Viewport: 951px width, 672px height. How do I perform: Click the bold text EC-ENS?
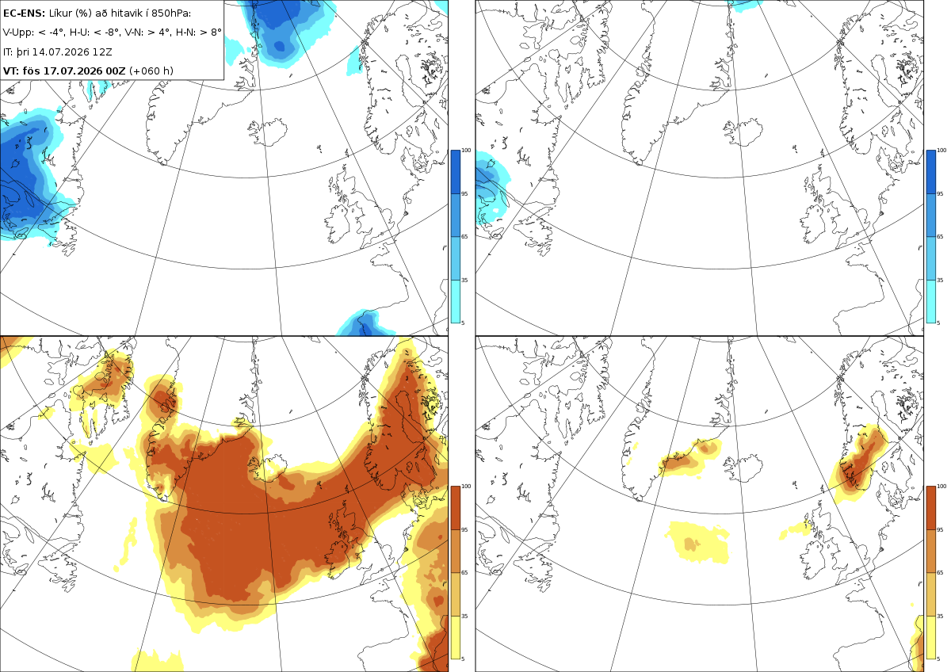(x=24, y=13)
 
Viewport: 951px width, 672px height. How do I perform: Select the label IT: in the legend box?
(x=8, y=52)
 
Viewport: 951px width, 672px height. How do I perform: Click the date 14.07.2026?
(x=61, y=52)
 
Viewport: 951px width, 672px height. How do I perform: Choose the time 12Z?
(x=102, y=52)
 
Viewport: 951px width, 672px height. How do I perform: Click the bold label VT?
(x=11, y=71)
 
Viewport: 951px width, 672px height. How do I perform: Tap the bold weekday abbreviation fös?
(x=32, y=71)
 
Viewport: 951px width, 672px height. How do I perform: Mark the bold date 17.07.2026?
(x=73, y=71)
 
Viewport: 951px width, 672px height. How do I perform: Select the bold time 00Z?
(x=116, y=71)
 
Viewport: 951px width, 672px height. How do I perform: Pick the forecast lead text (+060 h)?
(x=151, y=71)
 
